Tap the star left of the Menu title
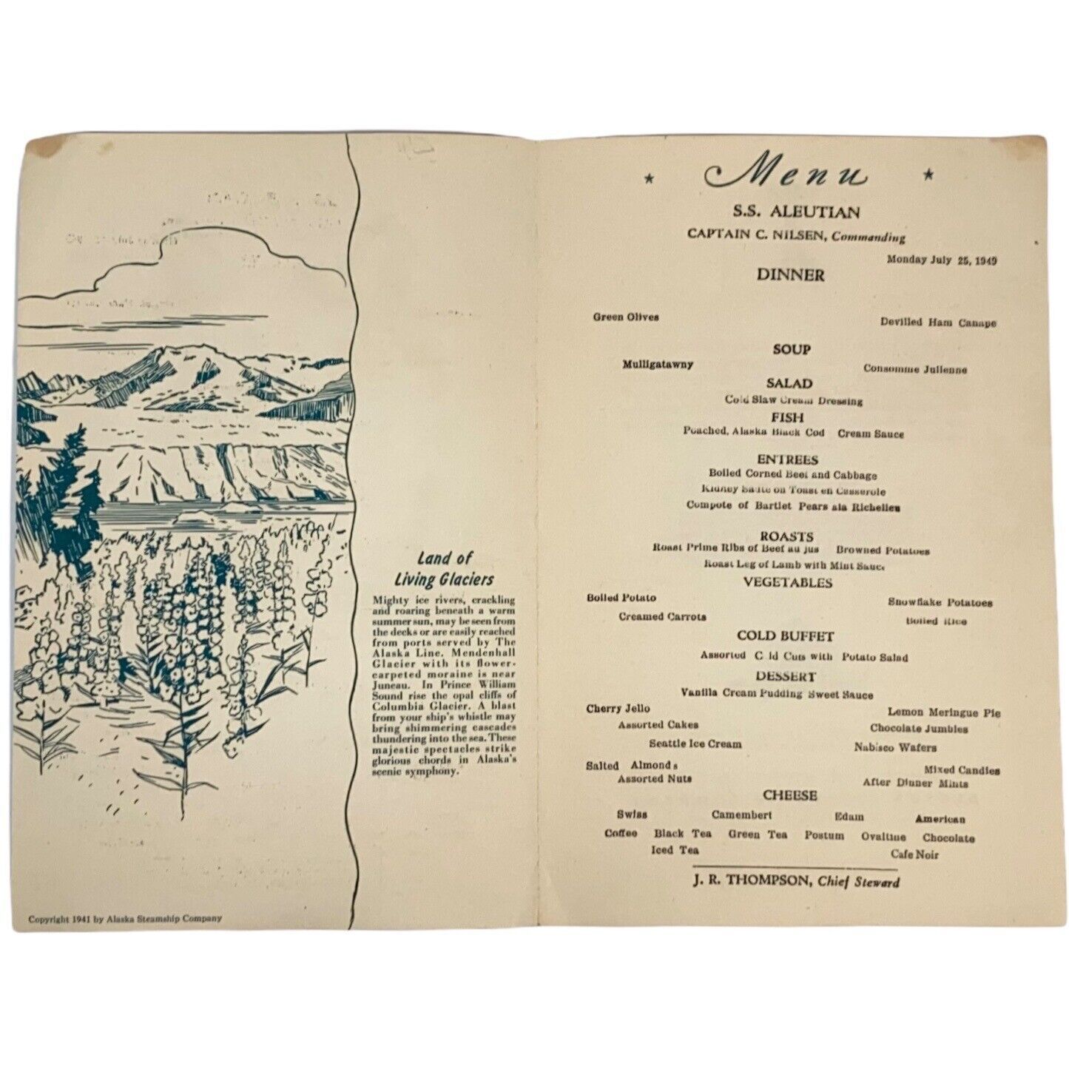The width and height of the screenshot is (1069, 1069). [x=649, y=178]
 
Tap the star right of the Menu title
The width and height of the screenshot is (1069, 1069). [x=928, y=175]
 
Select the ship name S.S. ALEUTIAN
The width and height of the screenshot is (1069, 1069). [x=792, y=213]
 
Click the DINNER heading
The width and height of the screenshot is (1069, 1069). [x=790, y=275]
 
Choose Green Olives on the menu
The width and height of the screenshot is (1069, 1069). [x=625, y=317]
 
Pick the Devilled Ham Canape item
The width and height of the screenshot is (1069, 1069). [x=937, y=323]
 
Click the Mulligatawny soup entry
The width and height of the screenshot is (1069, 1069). [x=658, y=364]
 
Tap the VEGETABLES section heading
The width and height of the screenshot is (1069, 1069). [x=787, y=583]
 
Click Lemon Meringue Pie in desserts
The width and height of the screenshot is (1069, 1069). [x=943, y=712]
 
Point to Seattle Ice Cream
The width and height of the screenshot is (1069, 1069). [x=695, y=743]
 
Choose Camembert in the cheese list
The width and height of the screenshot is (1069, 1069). [x=741, y=815]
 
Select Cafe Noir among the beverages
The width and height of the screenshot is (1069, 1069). [x=914, y=854]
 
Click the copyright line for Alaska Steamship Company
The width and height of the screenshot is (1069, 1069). [x=125, y=919]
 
